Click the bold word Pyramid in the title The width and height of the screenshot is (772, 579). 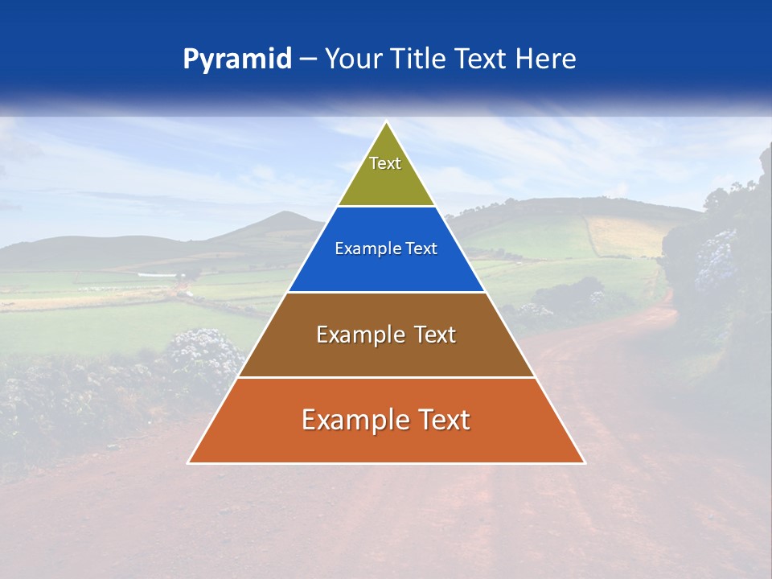(x=237, y=60)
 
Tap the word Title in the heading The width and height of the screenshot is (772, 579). (x=421, y=60)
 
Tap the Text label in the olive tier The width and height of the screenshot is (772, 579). (x=385, y=163)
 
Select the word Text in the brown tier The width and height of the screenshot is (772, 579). (x=434, y=335)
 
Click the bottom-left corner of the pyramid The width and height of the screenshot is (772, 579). (x=189, y=462)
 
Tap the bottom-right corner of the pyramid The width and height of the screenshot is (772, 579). (x=584, y=462)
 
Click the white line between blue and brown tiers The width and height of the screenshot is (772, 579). (x=386, y=292)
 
